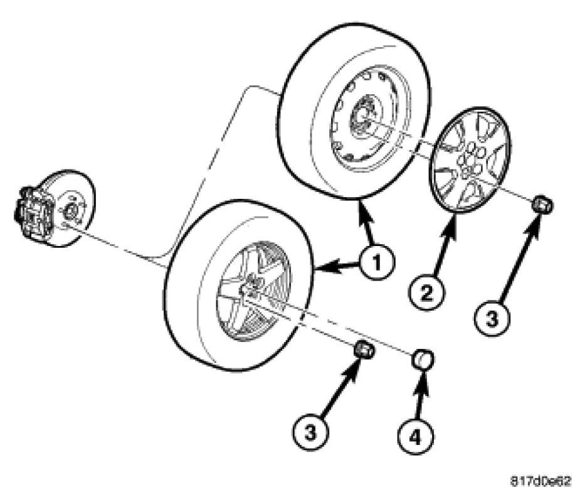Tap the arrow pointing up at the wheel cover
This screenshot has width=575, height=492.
(446, 248)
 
